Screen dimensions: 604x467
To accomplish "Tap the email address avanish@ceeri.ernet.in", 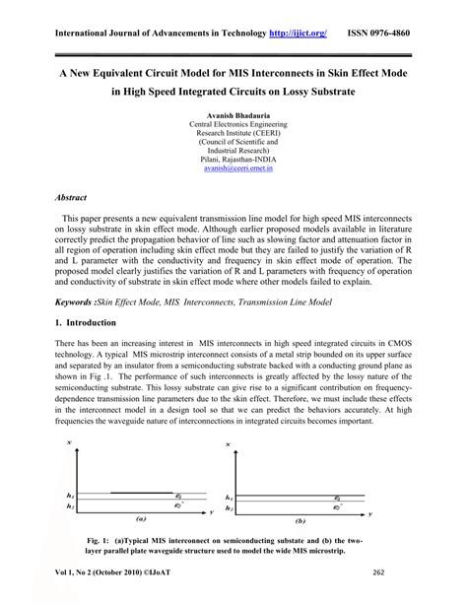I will click(x=233, y=168).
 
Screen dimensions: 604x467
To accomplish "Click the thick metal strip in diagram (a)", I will click(x=139, y=492).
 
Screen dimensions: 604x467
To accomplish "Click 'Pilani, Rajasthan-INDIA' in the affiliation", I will click(x=233, y=158).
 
